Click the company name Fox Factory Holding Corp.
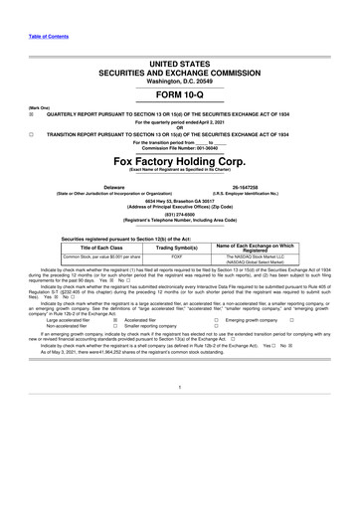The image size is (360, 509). (179, 159)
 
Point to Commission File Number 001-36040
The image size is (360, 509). (180, 148)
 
